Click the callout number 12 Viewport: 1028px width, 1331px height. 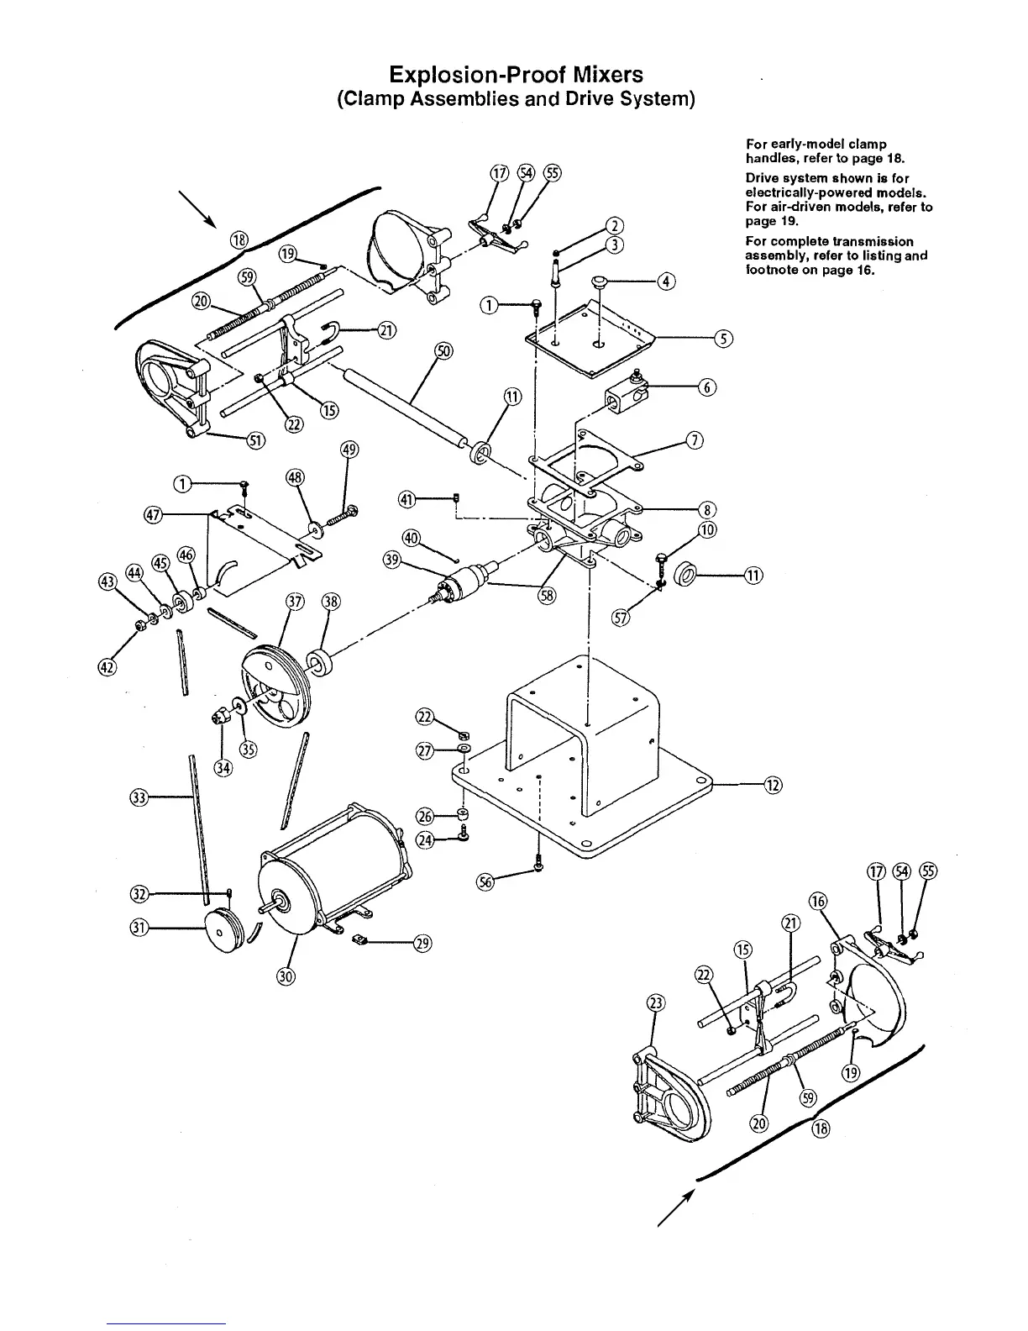pos(774,786)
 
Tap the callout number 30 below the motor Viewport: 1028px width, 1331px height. pos(286,976)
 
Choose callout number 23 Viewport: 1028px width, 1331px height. pos(656,1002)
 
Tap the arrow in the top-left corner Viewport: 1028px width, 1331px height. pos(200,210)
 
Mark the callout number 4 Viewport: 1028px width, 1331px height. pos(665,281)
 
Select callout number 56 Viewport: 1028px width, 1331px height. pos(485,881)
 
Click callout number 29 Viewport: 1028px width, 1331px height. pos(422,944)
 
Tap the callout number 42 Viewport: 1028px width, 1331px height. pos(108,668)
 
